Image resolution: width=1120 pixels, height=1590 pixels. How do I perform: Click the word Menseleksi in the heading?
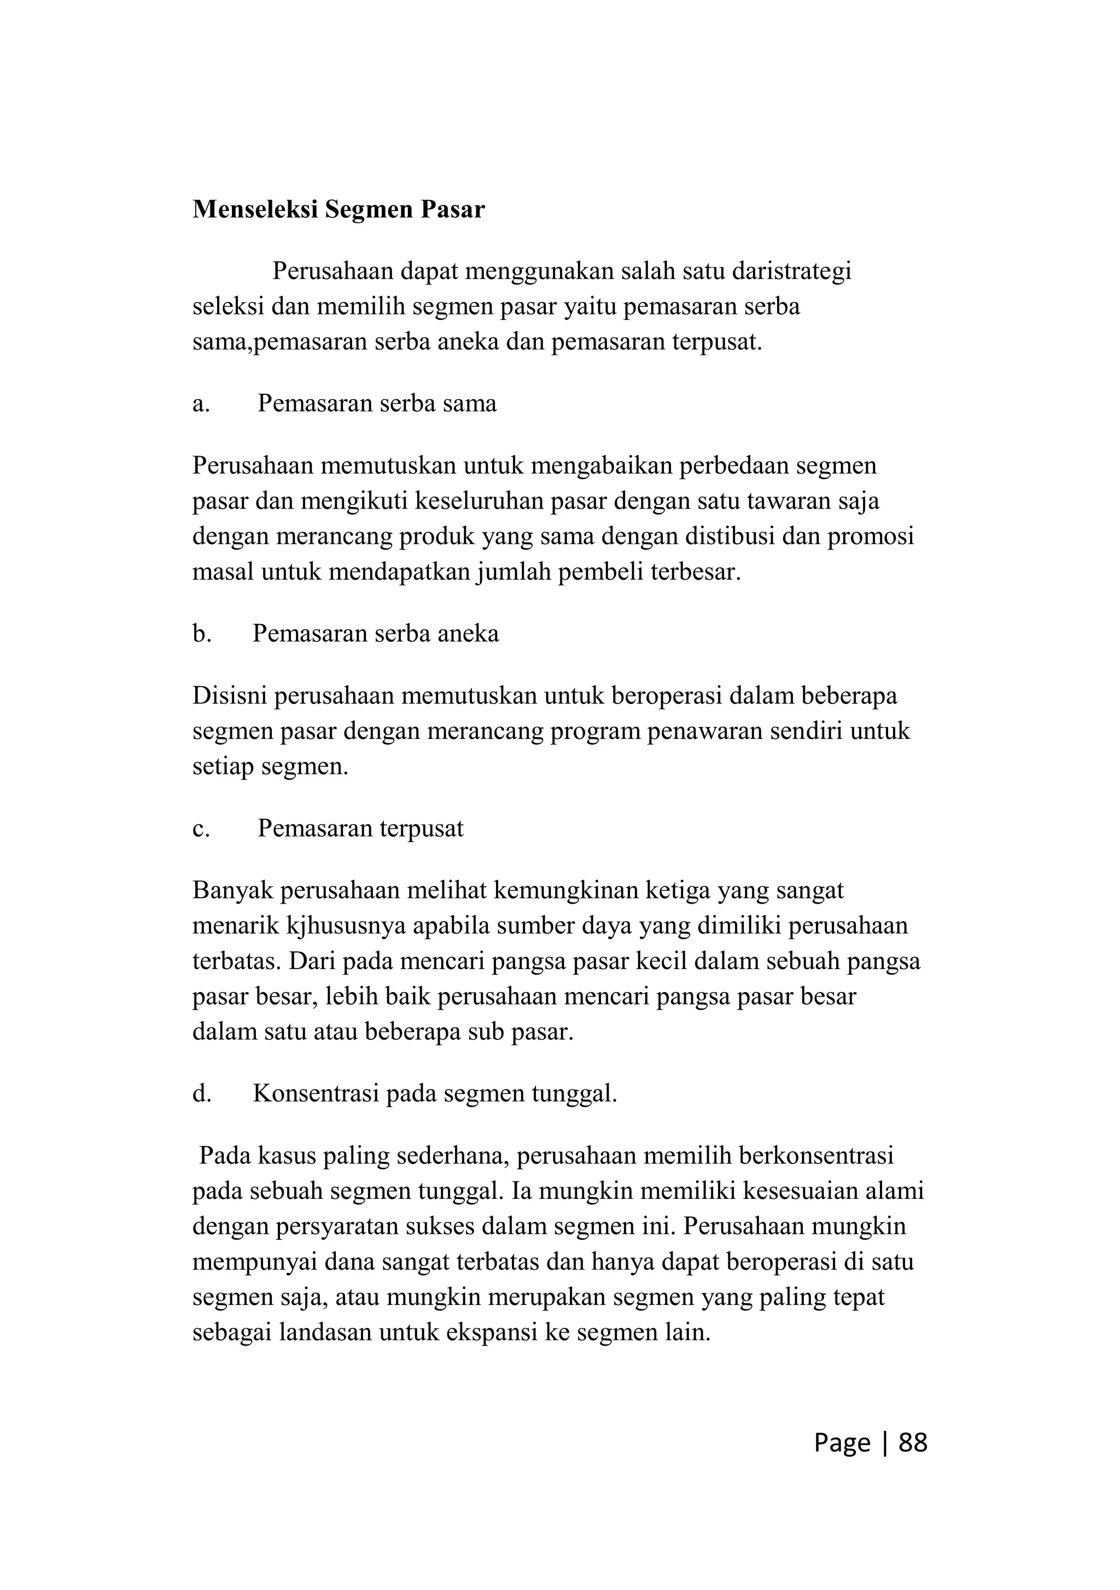point(255,209)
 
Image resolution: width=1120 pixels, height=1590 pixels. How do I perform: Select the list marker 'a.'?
point(201,403)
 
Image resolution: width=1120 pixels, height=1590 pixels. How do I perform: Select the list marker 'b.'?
point(201,633)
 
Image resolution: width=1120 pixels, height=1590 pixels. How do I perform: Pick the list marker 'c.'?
point(201,828)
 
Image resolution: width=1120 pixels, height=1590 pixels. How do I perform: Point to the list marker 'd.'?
point(201,1093)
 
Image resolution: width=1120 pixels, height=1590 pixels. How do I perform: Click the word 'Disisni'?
point(230,695)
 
